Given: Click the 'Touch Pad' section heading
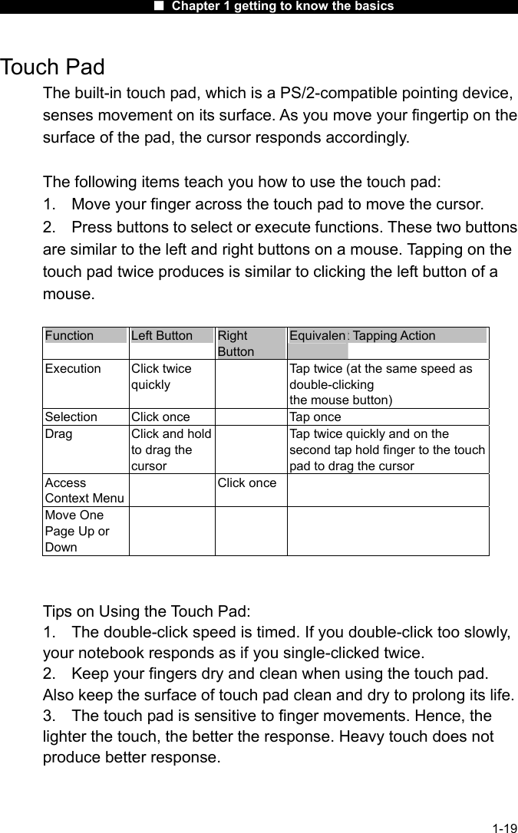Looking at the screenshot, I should click(x=53, y=67).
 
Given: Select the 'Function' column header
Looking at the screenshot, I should click(x=70, y=335).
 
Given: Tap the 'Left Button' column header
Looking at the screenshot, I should click(x=162, y=335).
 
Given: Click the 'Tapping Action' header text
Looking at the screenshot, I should click(x=394, y=335).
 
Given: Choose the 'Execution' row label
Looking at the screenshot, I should click(x=73, y=368).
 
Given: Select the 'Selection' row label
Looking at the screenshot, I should click(x=71, y=416).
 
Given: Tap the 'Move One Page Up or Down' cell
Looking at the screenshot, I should click(x=77, y=531).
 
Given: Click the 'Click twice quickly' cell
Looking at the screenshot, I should click(x=161, y=376).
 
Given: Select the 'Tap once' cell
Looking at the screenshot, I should click(x=315, y=416).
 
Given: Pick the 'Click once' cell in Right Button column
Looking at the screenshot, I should click(x=247, y=482).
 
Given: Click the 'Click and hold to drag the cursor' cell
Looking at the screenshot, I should click(x=171, y=449).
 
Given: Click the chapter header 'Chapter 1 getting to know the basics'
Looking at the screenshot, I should click(x=282, y=6).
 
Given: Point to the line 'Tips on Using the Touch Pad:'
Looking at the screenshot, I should click(x=147, y=611).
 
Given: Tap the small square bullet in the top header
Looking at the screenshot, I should click(x=159, y=6).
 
